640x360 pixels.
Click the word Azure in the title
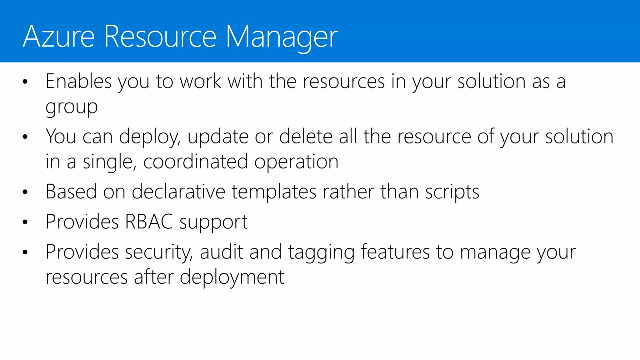click(x=59, y=37)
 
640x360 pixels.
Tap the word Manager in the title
click(x=282, y=37)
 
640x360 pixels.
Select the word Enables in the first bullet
click(x=78, y=82)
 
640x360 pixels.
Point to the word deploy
click(x=149, y=137)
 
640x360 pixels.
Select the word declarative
click(x=178, y=192)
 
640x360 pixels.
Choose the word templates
click(x=274, y=192)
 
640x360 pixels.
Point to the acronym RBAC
click(x=149, y=222)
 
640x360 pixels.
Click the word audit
click(x=221, y=252)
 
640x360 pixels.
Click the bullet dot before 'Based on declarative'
click(x=25, y=192)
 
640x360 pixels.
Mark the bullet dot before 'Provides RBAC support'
click(x=25, y=222)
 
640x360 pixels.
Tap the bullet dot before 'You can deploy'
click(x=25, y=137)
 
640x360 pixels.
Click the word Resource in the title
click(x=160, y=37)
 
